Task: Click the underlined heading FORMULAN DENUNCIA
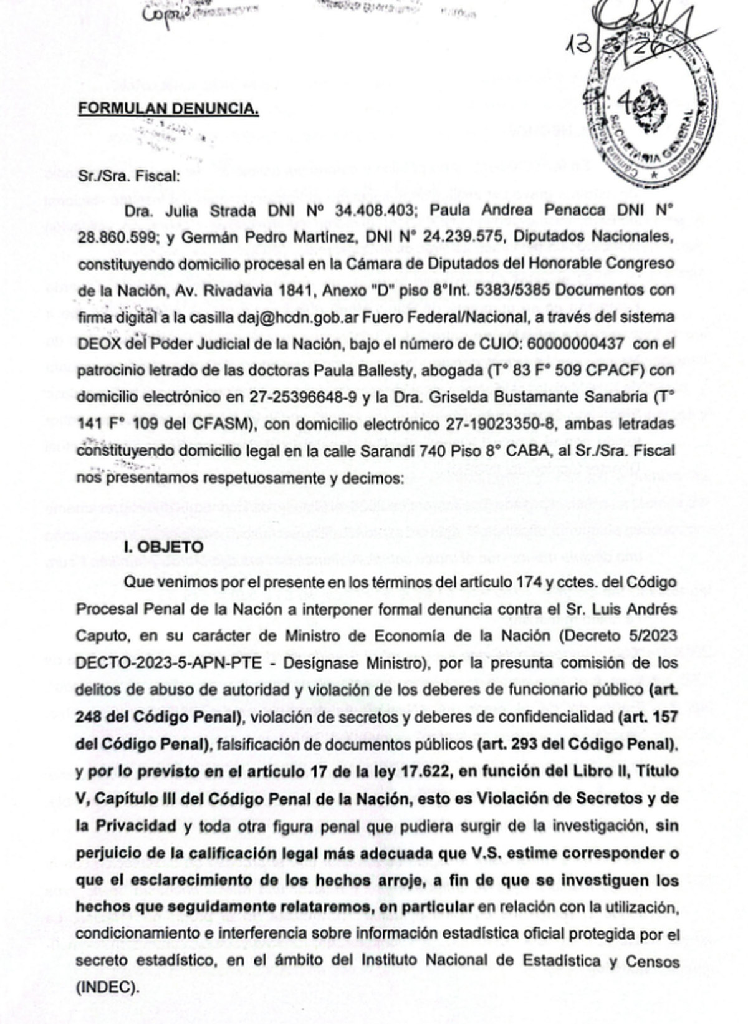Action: click(x=168, y=109)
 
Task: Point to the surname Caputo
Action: click(x=100, y=636)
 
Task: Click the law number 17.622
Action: click(x=425, y=771)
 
